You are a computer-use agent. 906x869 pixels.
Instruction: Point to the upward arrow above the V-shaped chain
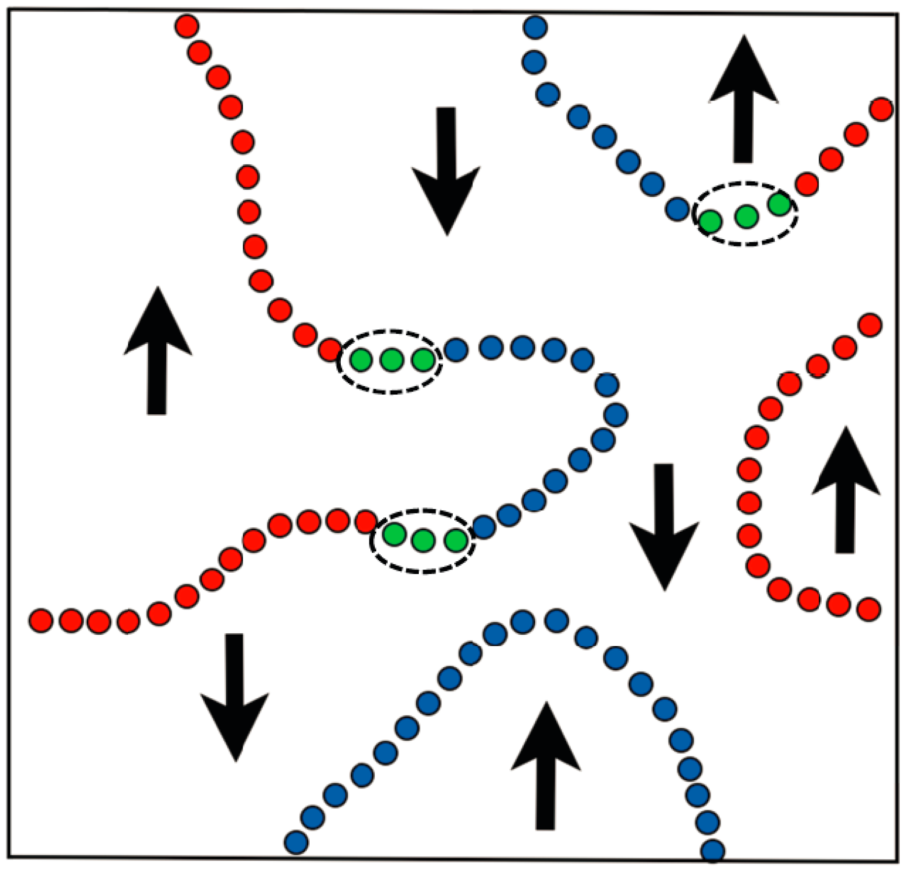(743, 99)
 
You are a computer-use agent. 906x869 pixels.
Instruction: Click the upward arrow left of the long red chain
(157, 350)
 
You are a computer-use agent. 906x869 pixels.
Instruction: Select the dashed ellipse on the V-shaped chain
(745, 214)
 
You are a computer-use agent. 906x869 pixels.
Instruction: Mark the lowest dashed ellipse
(423, 541)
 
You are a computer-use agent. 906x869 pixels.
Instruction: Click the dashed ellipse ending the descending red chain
(390, 362)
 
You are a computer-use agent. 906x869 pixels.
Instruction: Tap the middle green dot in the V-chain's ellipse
(747, 216)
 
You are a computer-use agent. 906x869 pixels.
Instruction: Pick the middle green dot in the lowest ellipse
(423, 541)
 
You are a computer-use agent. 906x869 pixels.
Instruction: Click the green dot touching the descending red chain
(361, 361)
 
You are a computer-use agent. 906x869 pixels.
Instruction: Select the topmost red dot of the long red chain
(187, 26)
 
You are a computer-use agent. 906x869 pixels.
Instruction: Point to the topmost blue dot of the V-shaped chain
(536, 27)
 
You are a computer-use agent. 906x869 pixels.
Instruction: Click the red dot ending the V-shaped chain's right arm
(881, 109)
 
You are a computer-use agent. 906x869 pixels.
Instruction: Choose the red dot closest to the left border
(41, 620)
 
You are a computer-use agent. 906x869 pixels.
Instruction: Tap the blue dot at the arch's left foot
(296, 842)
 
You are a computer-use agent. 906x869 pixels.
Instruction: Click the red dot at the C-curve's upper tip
(870, 325)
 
